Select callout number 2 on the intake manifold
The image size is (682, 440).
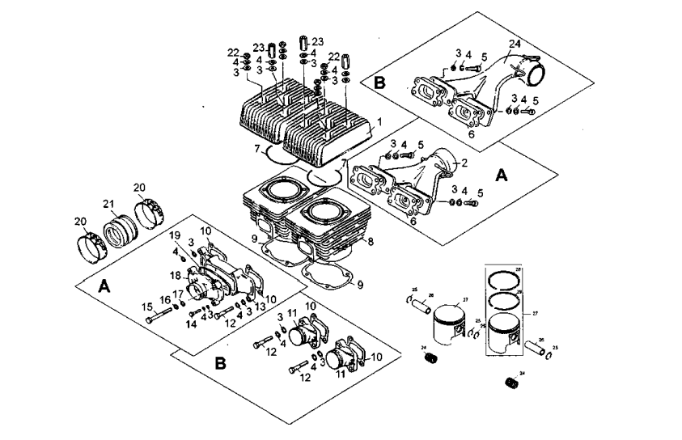click(465, 163)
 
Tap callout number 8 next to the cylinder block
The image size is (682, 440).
click(371, 241)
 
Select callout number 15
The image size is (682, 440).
click(147, 307)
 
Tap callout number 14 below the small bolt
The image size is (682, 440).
click(191, 324)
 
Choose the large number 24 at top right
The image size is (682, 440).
click(515, 44)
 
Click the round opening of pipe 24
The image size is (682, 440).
click(538, 79)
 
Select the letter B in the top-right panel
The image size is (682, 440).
click(379, 82)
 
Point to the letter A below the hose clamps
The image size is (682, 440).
click(104, 286)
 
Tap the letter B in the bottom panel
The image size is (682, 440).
click(221, 363)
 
